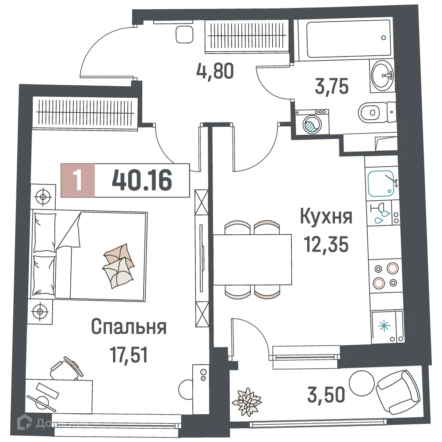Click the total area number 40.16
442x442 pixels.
142,180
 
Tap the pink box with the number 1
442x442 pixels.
78,180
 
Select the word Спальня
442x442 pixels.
129,328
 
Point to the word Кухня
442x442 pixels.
326,217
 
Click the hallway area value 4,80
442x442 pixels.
215,71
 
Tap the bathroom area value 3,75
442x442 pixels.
332,86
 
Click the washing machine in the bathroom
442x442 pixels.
312,123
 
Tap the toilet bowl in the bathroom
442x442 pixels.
369,113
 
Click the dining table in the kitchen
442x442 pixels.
252,260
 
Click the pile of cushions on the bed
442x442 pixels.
117,265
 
